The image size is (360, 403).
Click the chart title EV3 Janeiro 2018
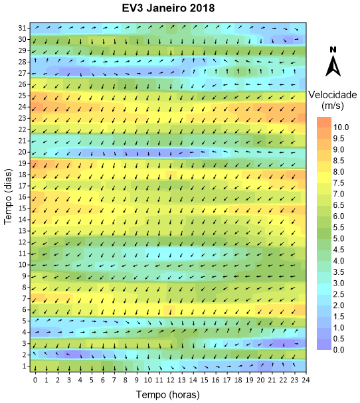(168, 8)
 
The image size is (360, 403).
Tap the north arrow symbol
(333, 66)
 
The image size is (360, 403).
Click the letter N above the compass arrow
(333, 50)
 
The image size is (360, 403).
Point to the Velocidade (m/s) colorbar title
(333, 100)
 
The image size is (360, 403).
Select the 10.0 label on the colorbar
(341, 127)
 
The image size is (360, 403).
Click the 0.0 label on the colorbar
(339, 350)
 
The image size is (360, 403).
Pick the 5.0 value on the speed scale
(339, 238)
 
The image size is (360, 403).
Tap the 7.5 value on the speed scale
(339, 183)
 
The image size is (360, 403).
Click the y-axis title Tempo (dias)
(8, 197)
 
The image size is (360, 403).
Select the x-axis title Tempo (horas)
(167, 394)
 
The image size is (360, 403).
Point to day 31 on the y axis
(23, 28)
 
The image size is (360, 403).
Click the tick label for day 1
(25, 366)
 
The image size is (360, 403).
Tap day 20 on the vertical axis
(23, 152)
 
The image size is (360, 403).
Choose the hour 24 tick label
(306, 380)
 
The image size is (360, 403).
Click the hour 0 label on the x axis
(35, 380)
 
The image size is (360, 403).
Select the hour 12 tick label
(171, 380)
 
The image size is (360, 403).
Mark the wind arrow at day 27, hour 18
(238, 71)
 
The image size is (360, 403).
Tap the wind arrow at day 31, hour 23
(296, 29)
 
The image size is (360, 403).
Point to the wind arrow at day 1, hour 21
(272, 364)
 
